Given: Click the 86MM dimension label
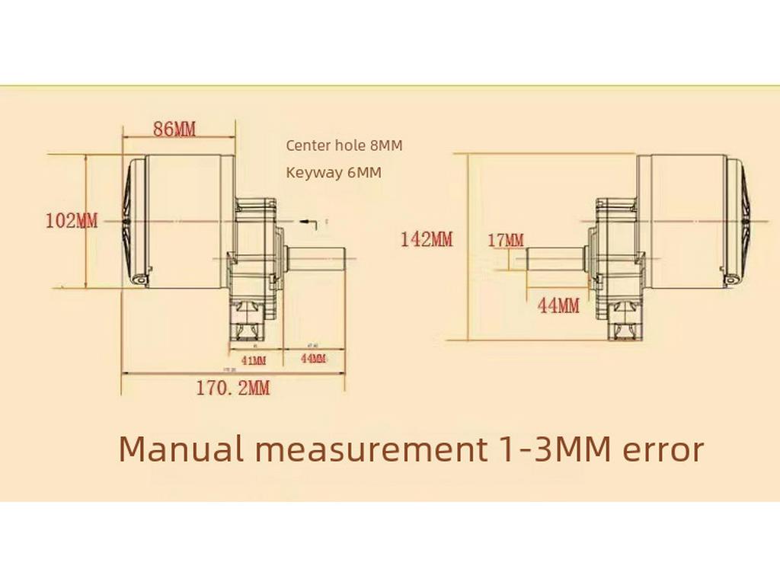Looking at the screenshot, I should point(174,129).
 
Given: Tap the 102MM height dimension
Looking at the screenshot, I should point(72,221).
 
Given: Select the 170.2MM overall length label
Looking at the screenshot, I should point(233,388).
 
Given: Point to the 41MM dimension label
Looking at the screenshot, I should point(253,360).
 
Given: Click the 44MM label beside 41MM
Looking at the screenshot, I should point(313,359).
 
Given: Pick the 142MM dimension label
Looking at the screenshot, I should point(427,240).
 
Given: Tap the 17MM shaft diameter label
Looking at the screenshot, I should point(506,241).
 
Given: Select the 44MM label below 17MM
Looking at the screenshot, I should point(558,306).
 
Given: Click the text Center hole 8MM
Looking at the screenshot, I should point(344,145).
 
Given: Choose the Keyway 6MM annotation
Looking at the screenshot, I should point(334,173).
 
